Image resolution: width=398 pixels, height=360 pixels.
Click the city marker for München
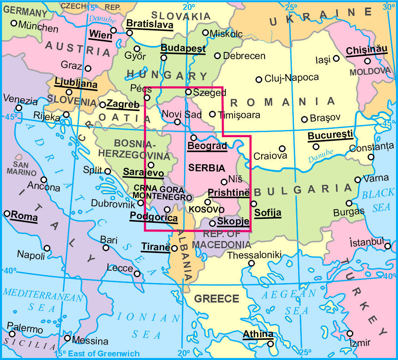click(14, 23)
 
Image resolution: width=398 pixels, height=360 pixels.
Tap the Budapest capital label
click(183, 49)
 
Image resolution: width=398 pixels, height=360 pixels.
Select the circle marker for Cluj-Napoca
click(259, 79)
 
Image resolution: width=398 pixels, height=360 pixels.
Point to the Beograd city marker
click(194, 138)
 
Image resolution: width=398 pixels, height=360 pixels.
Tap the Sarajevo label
click(143, 172)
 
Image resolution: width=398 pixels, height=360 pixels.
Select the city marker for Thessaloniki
click(251, 263)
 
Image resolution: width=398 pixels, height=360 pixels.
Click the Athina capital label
click(258, 334)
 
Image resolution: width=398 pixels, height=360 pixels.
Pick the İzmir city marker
click(350, 333)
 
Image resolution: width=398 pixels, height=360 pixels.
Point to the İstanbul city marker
click(387, 246)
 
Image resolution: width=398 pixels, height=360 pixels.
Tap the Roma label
click(24, 217)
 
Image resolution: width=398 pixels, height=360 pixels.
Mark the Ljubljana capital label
click(76, 84)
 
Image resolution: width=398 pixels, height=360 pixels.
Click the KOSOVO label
click(206, 209)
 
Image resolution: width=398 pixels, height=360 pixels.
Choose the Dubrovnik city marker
click(141, 203)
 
